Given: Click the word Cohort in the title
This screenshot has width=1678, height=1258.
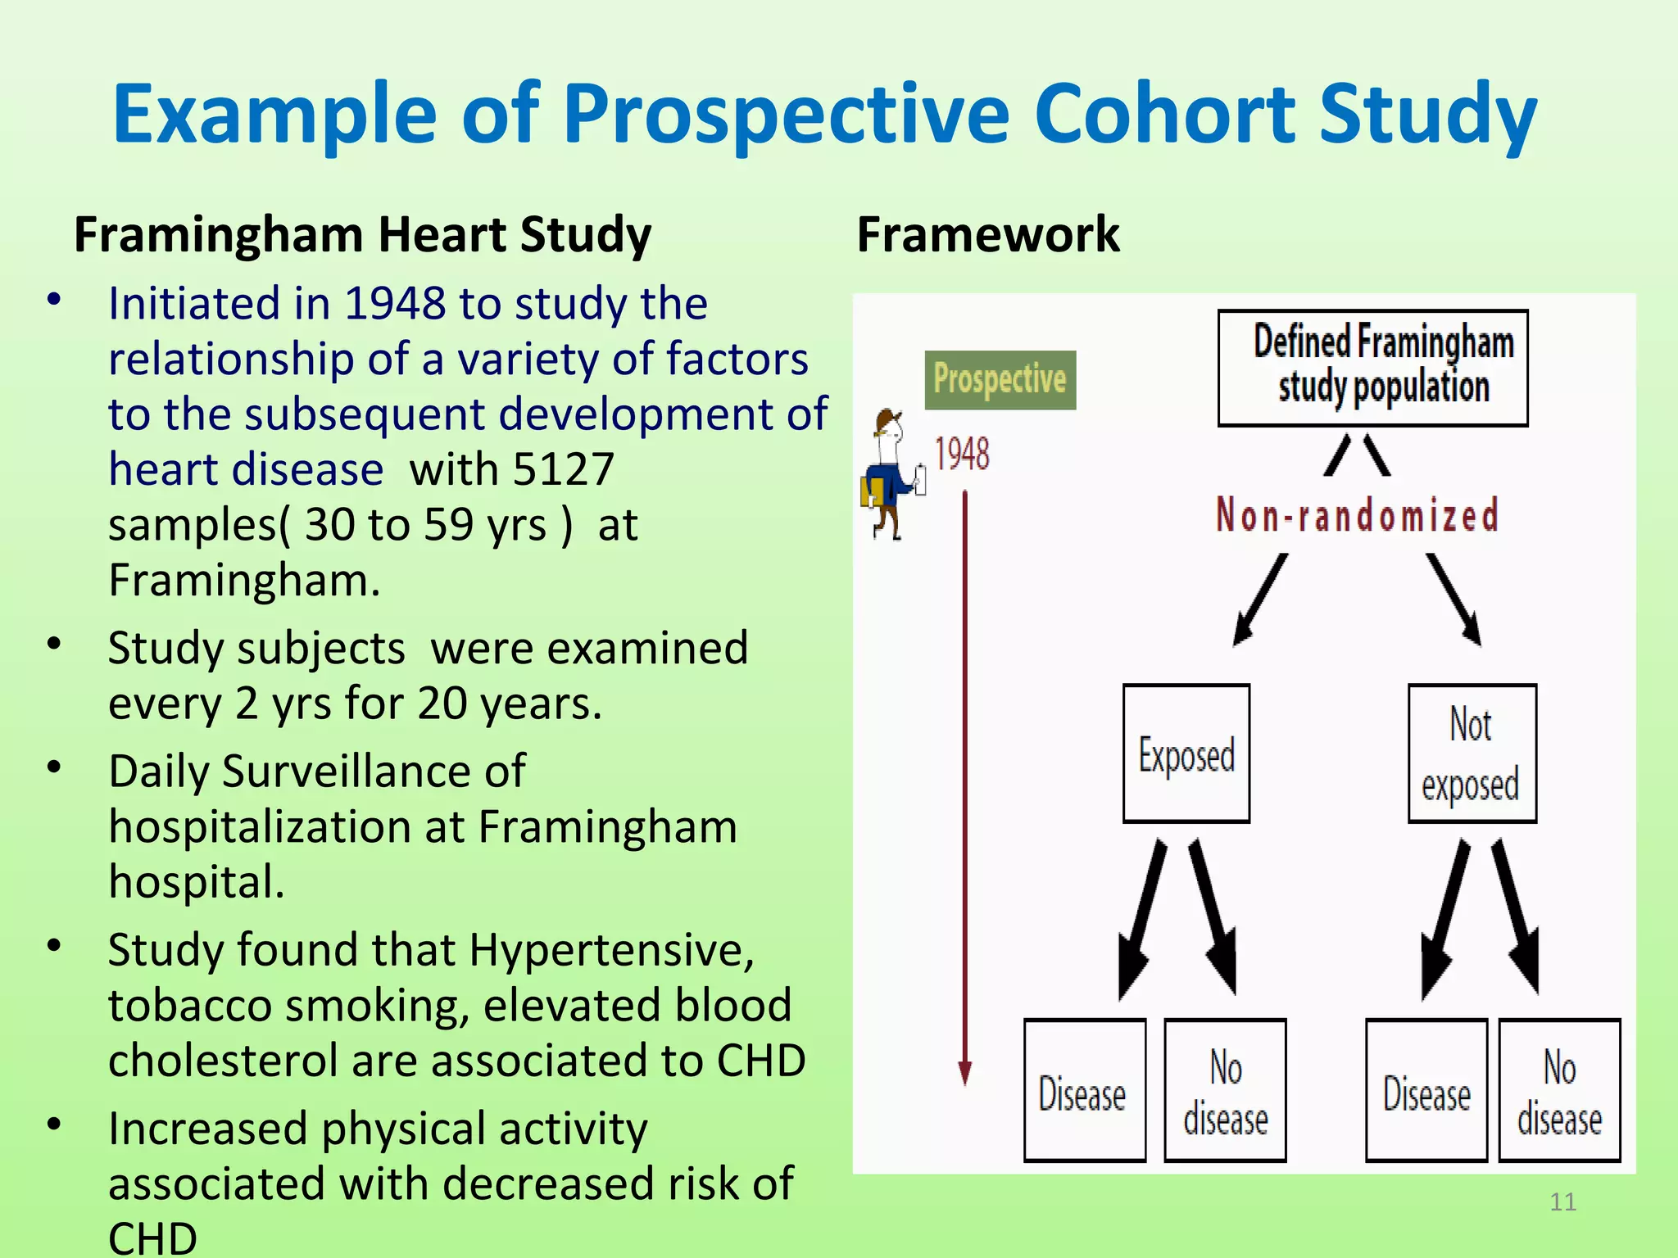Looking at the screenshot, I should point(1163,115).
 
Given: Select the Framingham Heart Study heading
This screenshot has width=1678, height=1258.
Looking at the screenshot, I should point(362,235).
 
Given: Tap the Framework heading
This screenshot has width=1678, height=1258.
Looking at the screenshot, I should point(987,235).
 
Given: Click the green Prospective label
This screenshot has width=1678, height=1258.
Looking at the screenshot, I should point(1000,380).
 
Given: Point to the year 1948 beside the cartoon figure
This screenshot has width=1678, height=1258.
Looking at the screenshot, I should point(962,454).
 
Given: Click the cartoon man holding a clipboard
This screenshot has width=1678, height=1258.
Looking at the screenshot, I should point(891,475).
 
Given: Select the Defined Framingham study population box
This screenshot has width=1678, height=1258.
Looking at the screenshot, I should point(1372,368).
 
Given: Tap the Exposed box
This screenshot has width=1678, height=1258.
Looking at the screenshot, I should point(1186,753).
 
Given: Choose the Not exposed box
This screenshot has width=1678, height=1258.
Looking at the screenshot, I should point(1472,753).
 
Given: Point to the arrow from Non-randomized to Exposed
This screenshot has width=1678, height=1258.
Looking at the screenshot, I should point(1260,600).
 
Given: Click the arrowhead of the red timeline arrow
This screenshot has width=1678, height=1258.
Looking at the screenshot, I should point(965,1073).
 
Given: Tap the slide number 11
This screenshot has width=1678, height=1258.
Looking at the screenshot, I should point(1562,1201).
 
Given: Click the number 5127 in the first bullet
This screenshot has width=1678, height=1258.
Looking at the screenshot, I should point(563,470).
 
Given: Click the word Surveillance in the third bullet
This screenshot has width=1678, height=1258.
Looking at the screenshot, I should point(373,772).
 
